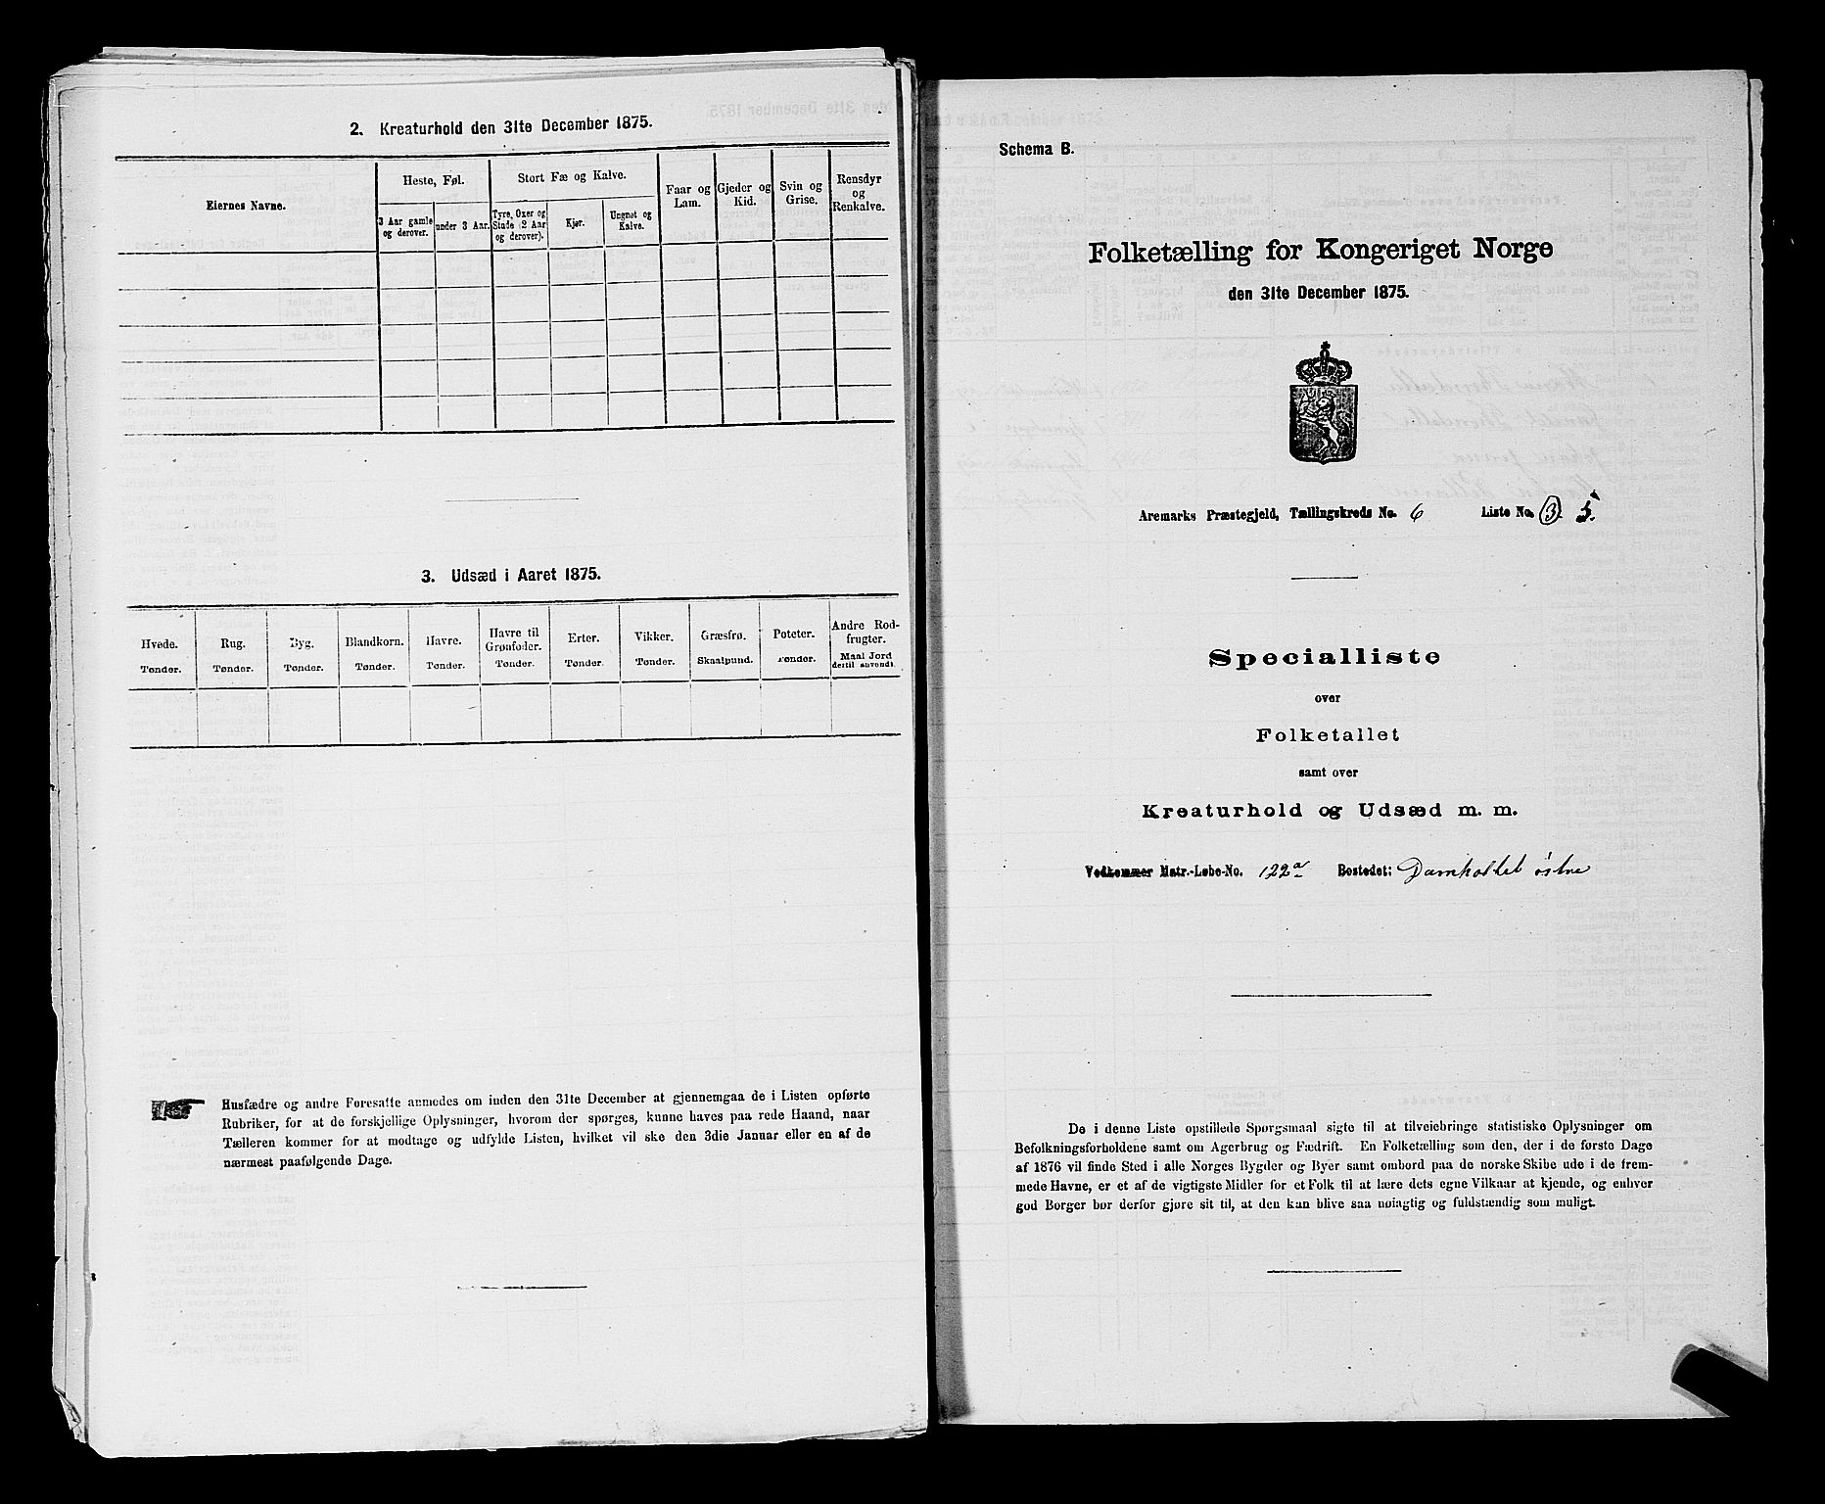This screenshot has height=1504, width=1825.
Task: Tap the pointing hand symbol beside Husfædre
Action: pyautogui.click(x=173, y=1109)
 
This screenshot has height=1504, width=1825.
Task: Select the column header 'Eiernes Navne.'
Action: pyautogui.click(x=251, y=206)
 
